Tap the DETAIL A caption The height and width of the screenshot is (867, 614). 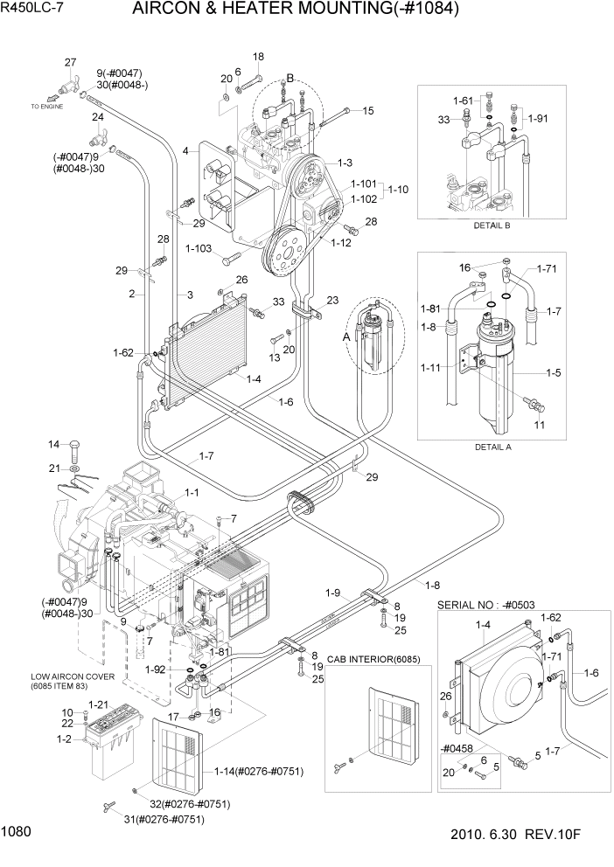[x=492, y=446]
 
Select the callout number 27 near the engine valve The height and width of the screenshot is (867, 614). [x=71, y=61]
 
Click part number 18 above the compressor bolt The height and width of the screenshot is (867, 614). [x=258, y=57]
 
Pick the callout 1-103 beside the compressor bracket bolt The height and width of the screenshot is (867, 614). [x=199, y=249]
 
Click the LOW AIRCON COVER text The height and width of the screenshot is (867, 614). [x=54, y=677]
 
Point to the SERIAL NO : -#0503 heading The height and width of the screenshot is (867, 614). [x=494, y=605]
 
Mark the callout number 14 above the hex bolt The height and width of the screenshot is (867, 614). [x=52, y=444]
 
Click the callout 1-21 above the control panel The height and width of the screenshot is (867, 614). [x=98, y=704]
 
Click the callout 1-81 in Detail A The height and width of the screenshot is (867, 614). [x=430, y=309]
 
